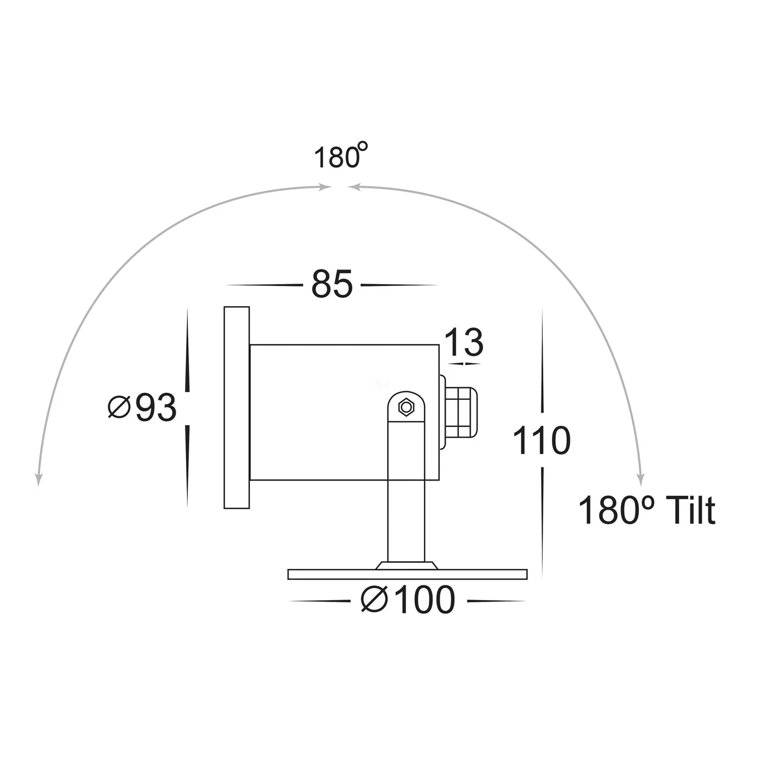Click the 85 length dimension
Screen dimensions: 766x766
click(x=332, y=284)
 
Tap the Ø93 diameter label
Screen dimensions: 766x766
click(x=143, y=408)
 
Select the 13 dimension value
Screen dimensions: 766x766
click(x=464, y=343)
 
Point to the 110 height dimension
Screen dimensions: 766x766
click(x=541, y=441)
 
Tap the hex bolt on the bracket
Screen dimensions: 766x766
click(x=406, y=407)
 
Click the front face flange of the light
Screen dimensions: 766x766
click(x=236, y=408)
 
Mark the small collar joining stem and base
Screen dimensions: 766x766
click(x=406, y=565)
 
